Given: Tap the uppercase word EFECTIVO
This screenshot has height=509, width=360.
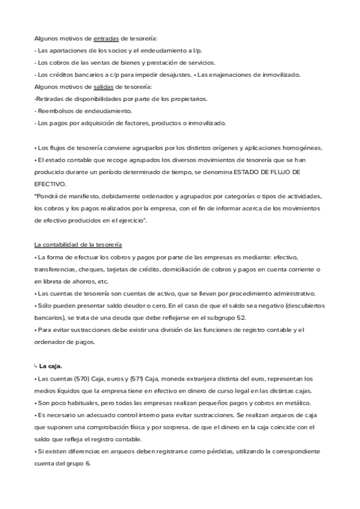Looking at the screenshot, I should tap(50, 184).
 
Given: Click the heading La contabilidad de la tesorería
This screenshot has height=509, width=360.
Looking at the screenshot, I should tap(78, 245).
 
